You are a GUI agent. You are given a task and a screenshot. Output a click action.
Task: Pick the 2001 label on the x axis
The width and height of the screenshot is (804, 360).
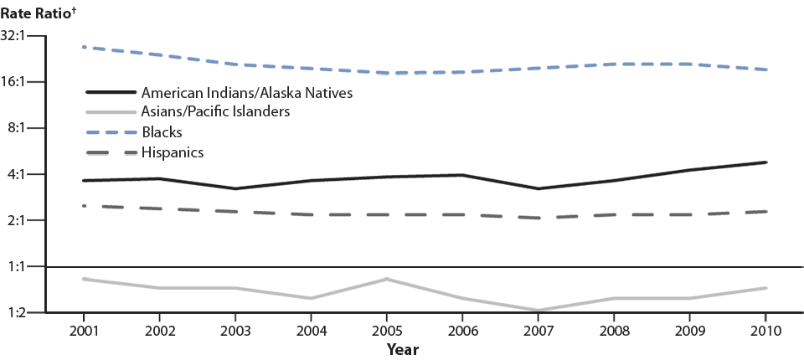(x=84, y=330)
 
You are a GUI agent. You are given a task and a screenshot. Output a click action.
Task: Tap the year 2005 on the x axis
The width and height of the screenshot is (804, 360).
(x=387, y=330)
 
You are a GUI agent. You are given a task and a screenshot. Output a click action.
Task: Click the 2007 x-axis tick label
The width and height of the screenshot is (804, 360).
(x=539, y=330)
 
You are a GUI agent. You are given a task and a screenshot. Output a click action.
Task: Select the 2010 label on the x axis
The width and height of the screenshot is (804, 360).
(x=765, y=330)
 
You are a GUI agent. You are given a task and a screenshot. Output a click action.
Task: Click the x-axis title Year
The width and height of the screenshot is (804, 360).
(x=402, y=348)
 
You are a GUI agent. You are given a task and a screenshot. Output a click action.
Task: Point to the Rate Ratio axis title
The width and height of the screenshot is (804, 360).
(x=36, y=10)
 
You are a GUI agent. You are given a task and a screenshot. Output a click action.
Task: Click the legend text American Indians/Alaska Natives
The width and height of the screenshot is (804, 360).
(x=247, y=92)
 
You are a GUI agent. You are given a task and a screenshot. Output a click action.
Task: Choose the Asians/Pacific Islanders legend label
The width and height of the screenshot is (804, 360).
(x=216, y=112)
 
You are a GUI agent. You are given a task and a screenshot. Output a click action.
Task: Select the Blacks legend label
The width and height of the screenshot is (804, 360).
(x=162, y=132)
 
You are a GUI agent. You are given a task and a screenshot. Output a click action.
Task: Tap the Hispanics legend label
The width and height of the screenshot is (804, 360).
(x=173, y=152)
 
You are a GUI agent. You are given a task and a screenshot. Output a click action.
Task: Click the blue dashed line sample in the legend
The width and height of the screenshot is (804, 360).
(x=110, y=132)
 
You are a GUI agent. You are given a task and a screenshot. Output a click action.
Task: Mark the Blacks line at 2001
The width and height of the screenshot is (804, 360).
(x=84, y=47)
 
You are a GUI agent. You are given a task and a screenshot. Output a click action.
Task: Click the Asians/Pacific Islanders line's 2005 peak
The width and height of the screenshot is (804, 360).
(x=387, y=279)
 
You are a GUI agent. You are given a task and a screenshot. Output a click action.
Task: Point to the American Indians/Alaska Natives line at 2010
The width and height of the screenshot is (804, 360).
(x=765, y=162)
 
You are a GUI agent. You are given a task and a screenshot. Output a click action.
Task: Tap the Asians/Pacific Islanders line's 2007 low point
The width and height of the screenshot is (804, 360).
(x=539, y=311)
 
